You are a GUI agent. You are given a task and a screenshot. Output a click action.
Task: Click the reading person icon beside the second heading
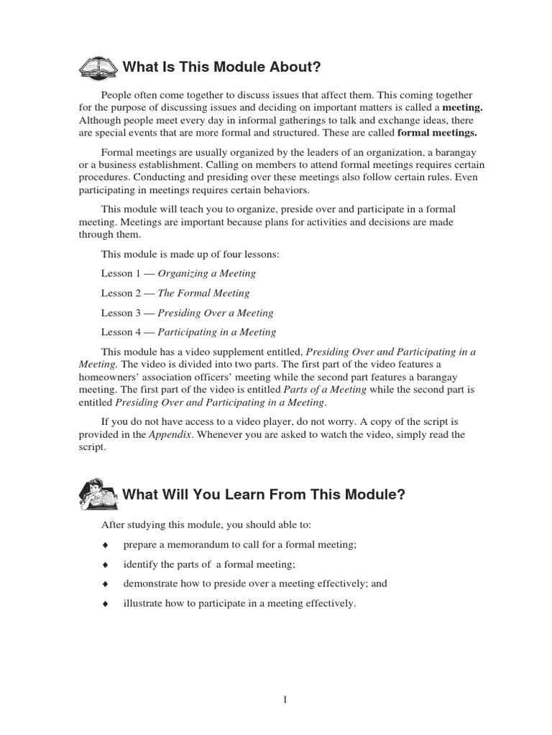pyautogui.click(x=98, y=495)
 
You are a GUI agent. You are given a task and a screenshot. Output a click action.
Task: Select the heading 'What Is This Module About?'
pyautogui.click(x=221, y=67)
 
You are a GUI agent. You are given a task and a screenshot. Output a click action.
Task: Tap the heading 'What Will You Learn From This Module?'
pyautogui.click(x=264, y=495)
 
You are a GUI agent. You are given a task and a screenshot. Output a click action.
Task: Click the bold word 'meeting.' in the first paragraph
pyautogui.click(x=461, y=108)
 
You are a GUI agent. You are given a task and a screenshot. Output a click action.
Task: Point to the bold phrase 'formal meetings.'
pyautogui.click(x=437, y=133)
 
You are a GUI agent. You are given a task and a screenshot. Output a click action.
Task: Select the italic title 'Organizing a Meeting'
pyautogui.click(x=206, y=273)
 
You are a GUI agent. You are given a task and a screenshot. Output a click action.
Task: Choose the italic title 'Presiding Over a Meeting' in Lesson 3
pyautogui.click(x=215, y=313)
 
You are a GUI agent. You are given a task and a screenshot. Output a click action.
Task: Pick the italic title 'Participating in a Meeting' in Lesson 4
pyautogui.click(x=216, y=332)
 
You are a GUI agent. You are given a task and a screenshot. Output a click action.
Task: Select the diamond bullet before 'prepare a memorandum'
pyautogui.click(x=105, y=546)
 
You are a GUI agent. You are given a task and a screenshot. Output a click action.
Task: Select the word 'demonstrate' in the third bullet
pyautogui.click(x=150, y=584)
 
